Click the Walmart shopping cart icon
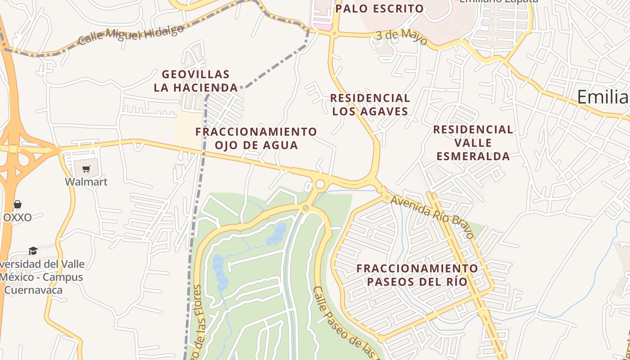86,169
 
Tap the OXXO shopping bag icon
18,205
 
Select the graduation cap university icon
33,251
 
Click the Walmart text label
86,182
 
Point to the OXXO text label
18,218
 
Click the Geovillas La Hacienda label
196,81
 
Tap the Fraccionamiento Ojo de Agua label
256,138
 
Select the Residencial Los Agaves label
370,104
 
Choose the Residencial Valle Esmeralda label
473,143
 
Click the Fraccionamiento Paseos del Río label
417,275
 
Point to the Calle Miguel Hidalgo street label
131,35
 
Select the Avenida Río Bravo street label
432,216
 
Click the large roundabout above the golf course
320,184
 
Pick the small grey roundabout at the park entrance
306,208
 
